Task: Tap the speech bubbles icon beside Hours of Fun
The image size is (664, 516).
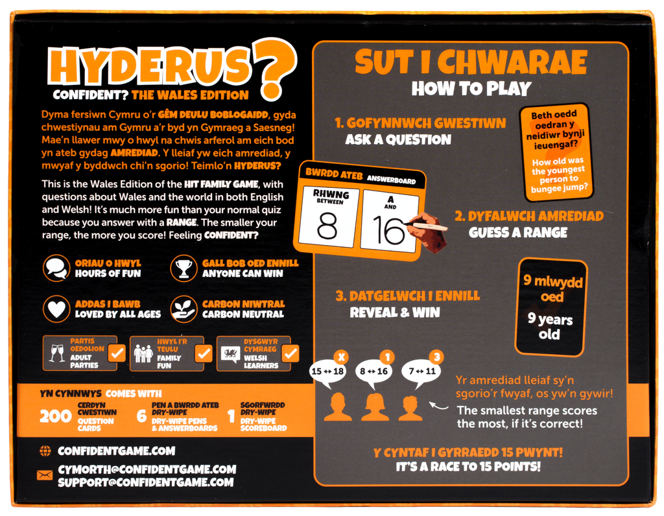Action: pos(56,268)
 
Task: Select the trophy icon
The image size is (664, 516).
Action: pos(184,268)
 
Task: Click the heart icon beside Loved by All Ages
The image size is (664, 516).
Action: pos(56,309)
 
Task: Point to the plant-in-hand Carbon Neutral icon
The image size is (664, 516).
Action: pos(184,309)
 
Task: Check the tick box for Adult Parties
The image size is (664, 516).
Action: pos(117,353)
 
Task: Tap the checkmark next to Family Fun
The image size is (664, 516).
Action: pos(204,353)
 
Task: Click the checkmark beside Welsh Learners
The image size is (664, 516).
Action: pos(290,353)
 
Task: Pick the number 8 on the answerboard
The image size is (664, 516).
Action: pos(327,226)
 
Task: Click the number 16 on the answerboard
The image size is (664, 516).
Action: pos(388,231)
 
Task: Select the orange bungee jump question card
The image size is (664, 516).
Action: pos(556,152)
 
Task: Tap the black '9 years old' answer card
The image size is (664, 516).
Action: pos(551,307)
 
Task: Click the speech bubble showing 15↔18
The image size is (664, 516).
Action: pos(327,373)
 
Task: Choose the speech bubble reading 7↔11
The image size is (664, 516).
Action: pos(421,373)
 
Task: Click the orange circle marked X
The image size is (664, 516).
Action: pos(341,357)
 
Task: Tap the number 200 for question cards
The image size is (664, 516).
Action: pos(56,416)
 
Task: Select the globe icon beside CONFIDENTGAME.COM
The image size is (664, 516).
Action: pos(45,451)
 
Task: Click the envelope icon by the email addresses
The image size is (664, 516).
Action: pos(45,475)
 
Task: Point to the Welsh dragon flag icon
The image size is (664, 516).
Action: pos(230,353)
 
